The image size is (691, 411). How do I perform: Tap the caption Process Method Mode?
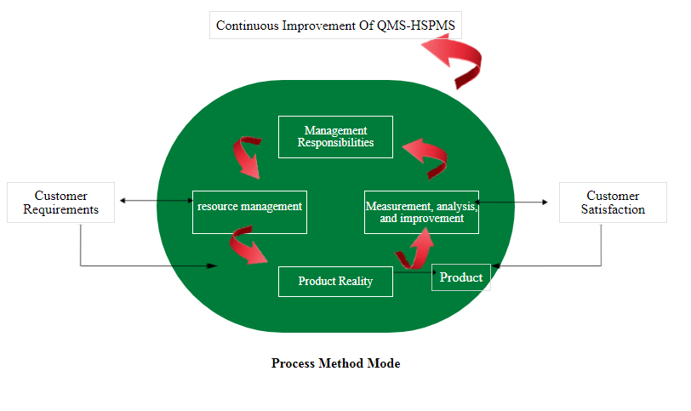[336, 363]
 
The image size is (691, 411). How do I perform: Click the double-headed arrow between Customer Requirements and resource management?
[157, 201]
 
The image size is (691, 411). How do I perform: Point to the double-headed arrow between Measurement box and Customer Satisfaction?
[511, 203]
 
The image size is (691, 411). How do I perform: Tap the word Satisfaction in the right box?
[613, 209]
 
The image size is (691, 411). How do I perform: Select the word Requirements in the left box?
[60, 210]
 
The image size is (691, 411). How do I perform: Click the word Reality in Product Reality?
[357, 282]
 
